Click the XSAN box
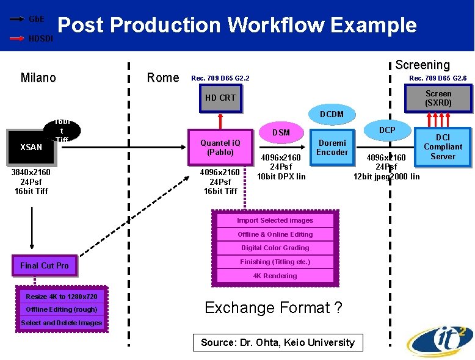(x=31, y=147)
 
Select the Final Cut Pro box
(x=45, y=265)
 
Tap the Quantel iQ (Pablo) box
(x=220, y=147)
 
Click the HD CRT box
(x=220, y=98)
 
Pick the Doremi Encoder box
(x=332, y=148)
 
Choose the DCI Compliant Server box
(x=443, y=147)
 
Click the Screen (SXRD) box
(x=438, y=98)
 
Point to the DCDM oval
(x=332, y=114)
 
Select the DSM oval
(x=281, y=132)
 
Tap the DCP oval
(x=387, y=130)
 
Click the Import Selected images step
(x=275, y=220)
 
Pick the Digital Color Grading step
(x=275, y=248)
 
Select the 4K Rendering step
(x=275, y=276)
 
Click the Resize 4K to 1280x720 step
(x=61, y=297)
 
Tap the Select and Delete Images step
(x=61, y=323)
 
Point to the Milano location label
(x=38, y=77)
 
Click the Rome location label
(x=163, y=77)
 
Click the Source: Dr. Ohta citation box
(x=277, y=342)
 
